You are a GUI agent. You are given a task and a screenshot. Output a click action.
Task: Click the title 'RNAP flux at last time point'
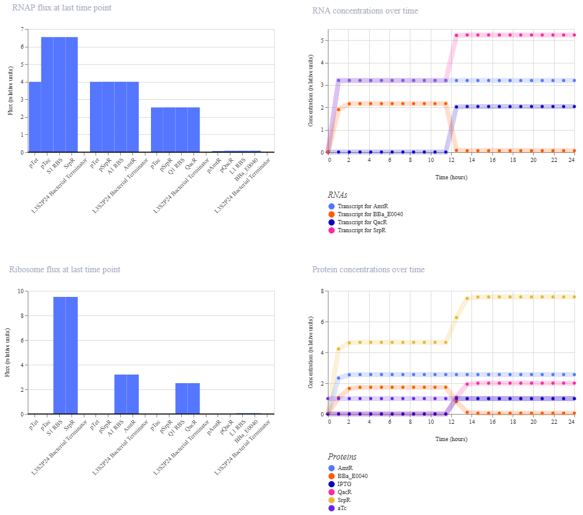tap(62, 8)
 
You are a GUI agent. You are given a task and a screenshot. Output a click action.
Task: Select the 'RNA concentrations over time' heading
tap(365, 10)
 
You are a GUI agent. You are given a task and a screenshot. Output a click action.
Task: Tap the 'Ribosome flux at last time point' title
tap(65, 269)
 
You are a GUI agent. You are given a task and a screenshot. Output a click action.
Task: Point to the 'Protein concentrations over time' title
tap(369, 269)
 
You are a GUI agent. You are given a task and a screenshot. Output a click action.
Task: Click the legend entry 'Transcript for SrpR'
tap(361, 230)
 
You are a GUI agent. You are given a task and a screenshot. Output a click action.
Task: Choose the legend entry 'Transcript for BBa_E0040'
tap(370, 214)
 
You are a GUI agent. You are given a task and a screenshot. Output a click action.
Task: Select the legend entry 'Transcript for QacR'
tap(362, 222)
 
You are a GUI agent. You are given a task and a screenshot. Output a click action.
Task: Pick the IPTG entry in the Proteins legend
tap(344, 484)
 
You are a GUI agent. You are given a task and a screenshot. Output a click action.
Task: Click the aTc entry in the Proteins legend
tap(342, 508)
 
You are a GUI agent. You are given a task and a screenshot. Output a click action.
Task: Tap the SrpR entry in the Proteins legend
tap(344, 500)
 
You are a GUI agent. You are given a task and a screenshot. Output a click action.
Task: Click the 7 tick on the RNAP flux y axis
tap(22, 29)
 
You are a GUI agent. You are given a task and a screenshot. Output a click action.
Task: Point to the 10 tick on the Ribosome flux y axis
tap(21, 291)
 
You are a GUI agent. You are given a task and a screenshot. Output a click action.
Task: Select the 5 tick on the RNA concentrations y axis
tap(322, 40)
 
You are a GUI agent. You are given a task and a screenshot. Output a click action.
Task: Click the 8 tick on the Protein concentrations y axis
tap(322, 291)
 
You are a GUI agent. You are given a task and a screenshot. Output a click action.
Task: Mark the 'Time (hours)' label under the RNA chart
tap(451, 177)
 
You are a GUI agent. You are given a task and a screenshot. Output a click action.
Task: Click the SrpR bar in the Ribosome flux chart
tap(71, 355)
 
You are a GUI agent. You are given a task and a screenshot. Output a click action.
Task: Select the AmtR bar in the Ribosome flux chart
tap(132, 394)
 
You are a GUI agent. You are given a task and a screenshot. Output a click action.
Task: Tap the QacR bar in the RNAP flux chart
tap(194, 130)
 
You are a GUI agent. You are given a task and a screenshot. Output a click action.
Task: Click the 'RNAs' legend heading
tap(337, 195)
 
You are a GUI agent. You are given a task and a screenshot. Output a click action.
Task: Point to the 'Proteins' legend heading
tap(342, 456)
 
